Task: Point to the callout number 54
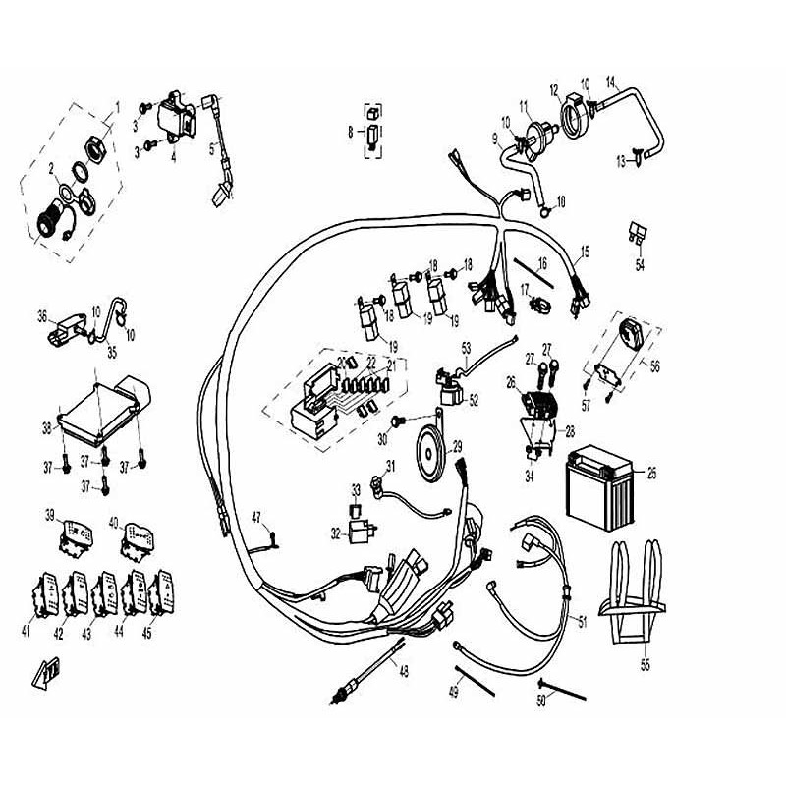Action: pos(640,265)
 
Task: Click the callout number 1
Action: pos(117,105)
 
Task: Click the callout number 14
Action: pos(610,80)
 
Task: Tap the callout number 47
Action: pos(256,517)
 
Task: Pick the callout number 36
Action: pos(42,316)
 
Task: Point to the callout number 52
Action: pos(474,400)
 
